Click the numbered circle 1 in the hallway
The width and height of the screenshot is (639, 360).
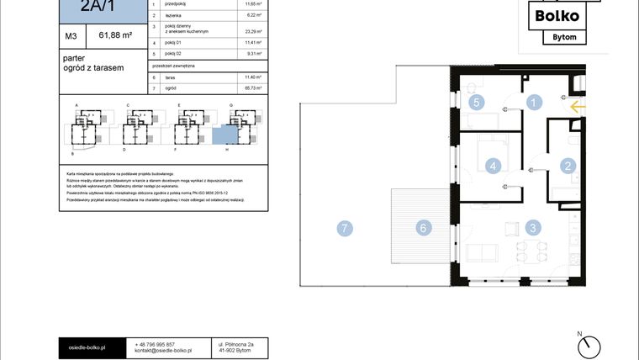click(x=532, y=103)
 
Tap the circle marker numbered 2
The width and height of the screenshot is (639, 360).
click(x=568, y=167)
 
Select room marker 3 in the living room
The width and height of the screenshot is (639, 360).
click(x=532, y=227)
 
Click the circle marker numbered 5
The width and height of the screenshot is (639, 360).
click(x=476, y=103)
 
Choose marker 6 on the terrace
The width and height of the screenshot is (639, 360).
click(x=425, y=227)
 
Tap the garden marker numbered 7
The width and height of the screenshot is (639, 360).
click(x=343, y=227)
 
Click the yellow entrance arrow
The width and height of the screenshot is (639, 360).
click(x=577, y=107)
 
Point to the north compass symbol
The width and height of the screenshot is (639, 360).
click(x=592, y=344)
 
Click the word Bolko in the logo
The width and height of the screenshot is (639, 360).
click(x=558, y=14)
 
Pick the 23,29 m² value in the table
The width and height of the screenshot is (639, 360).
click(x=250, y=29)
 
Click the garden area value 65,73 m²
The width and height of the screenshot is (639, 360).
click(x=250, y=88)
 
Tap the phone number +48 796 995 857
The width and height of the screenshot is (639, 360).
click(x=155, y=344)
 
